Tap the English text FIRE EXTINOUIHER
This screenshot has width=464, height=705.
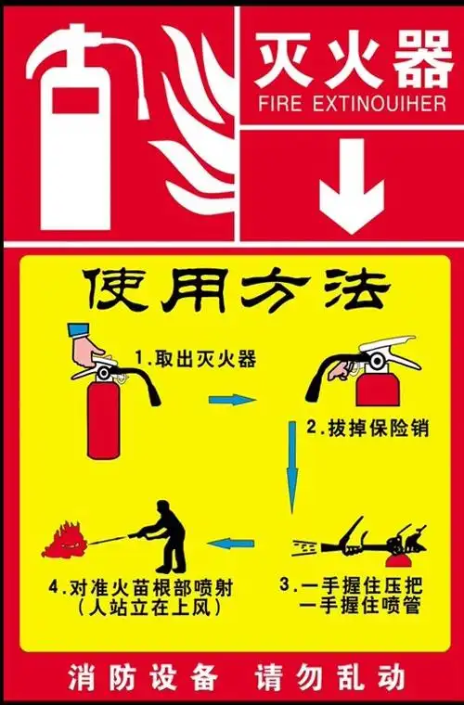(x=350, y=103)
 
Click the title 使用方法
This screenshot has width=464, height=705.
(x=233, y=291)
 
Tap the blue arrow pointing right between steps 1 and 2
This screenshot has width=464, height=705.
(x=231, y=400)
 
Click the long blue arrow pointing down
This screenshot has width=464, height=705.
(x=292, y=468)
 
